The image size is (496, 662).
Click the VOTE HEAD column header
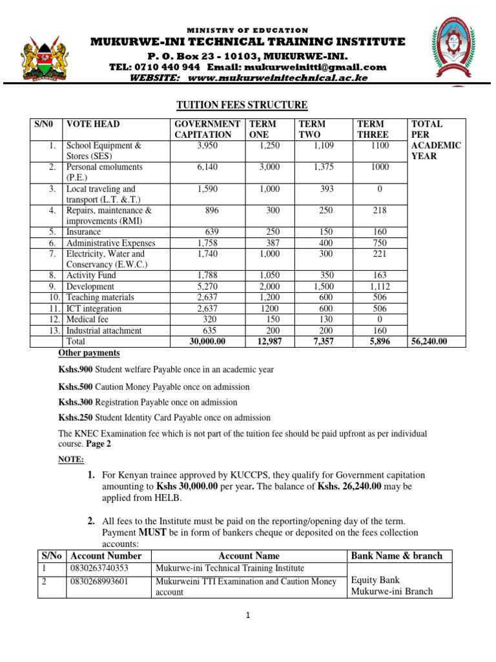coord(93,123)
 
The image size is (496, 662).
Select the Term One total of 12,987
coord(268,341)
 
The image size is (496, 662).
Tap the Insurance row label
coord(84,231)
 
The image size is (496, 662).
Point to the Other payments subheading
coord(89,353)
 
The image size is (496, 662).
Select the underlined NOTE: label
coord(71,459)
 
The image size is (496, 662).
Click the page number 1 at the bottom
coord(247,615)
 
